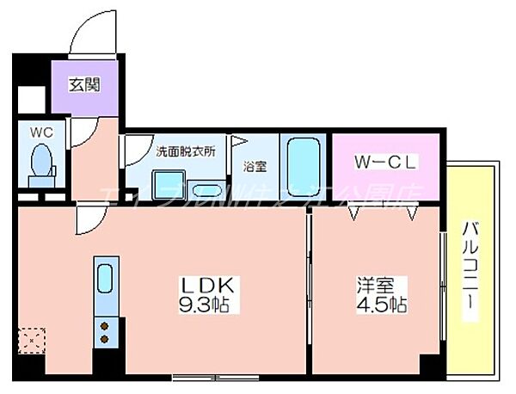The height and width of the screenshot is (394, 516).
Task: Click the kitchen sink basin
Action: point(104,279)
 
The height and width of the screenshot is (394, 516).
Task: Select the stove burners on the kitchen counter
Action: point(104,332)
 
